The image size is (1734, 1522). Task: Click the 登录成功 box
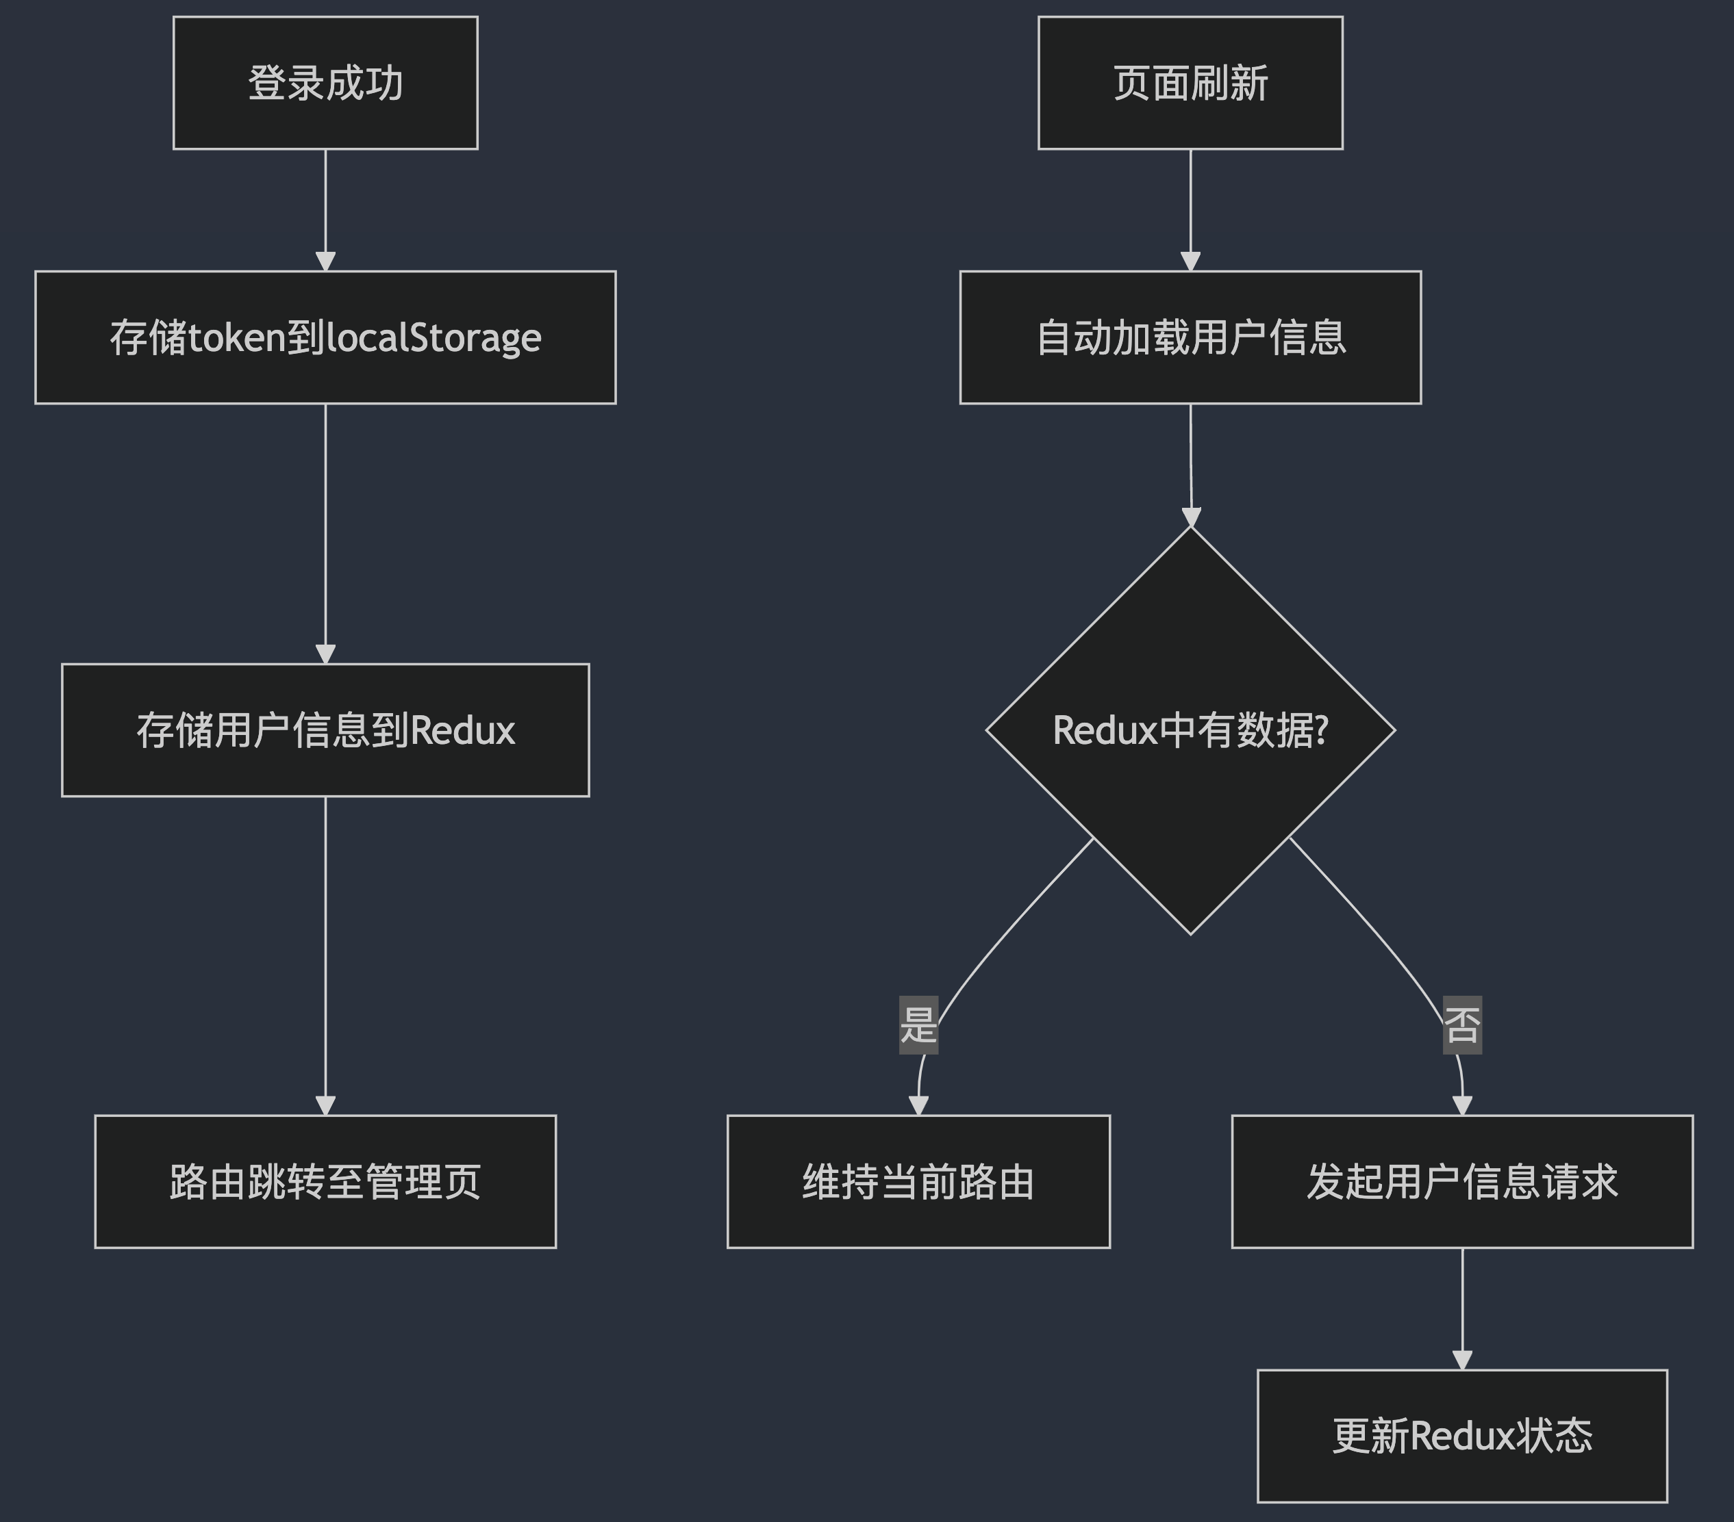[325, 83]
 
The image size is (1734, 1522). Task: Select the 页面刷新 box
[1190, 83]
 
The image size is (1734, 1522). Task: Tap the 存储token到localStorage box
[325, 337]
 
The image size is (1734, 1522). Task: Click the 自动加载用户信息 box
[1190, 337]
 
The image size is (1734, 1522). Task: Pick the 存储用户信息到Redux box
[325, 730]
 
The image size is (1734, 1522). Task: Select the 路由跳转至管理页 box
[325, 1181]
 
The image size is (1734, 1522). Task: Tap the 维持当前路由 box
[918, 1181]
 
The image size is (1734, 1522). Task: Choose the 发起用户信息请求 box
[1461, 1181]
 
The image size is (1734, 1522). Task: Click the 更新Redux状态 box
[1461, 1436]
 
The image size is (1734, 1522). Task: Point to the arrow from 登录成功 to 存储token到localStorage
[325, 209]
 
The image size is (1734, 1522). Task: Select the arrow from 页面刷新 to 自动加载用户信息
[1190, 209]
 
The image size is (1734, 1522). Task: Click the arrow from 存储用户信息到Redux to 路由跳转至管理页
[325, 955]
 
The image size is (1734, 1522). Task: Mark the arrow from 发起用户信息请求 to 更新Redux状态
[1461, 1308]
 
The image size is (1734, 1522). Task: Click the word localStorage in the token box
[433, 338]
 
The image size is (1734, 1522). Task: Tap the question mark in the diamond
[1319, 730]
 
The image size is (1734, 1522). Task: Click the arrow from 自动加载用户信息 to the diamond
[1190, 464]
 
